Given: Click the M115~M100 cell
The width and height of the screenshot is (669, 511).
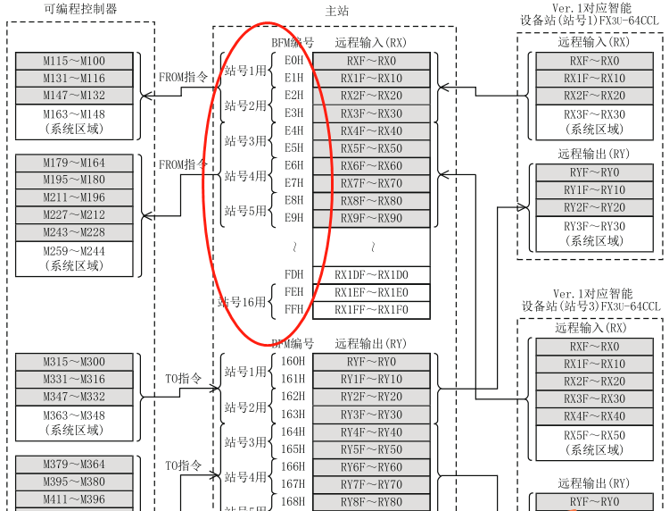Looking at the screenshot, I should tap(74, 61).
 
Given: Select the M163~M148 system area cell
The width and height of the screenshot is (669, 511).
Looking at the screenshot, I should tap(74, 121).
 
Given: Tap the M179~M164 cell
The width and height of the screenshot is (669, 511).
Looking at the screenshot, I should tap(74, 163).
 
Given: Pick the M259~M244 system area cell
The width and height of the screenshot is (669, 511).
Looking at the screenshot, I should tap(74, 258).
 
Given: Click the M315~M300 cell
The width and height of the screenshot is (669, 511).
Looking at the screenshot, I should tap(74, 362).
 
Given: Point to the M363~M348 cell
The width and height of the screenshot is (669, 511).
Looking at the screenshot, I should tap(74, 423).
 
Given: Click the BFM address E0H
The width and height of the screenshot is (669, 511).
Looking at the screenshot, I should tap(293, 61).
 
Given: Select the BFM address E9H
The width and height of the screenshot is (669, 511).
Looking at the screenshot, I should tap(293, 218).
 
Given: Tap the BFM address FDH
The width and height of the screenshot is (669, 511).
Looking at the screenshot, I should tap(293, 275).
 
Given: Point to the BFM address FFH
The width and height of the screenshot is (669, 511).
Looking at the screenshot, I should tap(293, 310).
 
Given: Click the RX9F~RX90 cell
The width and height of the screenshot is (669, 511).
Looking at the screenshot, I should tap(371, 218).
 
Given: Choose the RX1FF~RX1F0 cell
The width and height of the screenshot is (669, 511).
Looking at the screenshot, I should tap(371, 310).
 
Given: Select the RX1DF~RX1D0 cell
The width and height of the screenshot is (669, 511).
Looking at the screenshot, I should tap(371, 275).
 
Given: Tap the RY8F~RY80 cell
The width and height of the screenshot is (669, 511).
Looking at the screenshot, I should tap(371, 502).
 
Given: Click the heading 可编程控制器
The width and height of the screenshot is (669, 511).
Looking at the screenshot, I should tap(80, 9).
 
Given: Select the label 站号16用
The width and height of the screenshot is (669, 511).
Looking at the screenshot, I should tap(242, 302).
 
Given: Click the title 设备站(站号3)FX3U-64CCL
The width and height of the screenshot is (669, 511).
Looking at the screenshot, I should tap(591, 306).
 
